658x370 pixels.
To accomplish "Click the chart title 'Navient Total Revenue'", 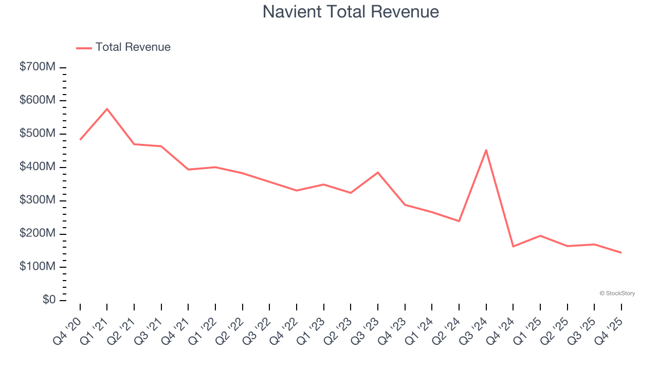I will (x=351, y=11).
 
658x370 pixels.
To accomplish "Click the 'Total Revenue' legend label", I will (x=133, y=47).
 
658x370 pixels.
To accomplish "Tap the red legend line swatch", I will (x=84, y=48).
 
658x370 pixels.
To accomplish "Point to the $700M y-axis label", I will (x=38, y=67).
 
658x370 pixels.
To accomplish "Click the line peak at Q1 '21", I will (x=107, y=108).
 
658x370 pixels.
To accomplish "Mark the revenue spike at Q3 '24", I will (x=486, y=150).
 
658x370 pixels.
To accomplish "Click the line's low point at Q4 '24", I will (x=513, y=246).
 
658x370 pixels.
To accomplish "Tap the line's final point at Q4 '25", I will (x=621, y=252).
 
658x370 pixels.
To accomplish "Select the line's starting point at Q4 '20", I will (x=80, y=139).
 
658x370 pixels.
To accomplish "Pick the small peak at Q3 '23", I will (x=378, y=172).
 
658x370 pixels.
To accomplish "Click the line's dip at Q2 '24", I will (x=459, y=221).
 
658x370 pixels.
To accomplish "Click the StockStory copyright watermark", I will (x=617, y=293).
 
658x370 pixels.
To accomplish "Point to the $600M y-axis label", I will (x=38, y=100).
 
